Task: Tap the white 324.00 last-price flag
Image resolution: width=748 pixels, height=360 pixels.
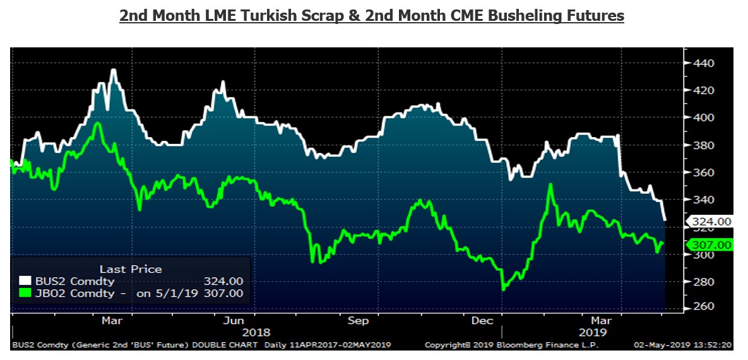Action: point(711,221)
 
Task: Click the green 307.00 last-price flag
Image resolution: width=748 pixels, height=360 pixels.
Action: point(711,245)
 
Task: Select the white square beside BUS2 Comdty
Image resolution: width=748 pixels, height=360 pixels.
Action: point(25,281)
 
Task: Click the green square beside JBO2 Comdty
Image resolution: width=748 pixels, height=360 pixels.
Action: point(25,293)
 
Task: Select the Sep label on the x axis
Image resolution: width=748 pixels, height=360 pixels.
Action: point(358,321)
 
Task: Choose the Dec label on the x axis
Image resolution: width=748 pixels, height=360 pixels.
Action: point(483,321)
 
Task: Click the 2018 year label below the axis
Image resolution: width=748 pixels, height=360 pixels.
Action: point(256,333)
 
